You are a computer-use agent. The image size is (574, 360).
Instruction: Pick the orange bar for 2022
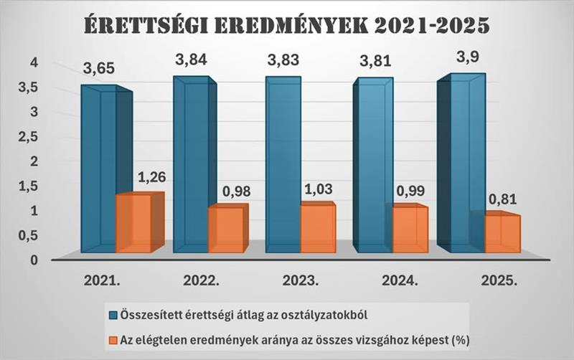[x=225, y=229]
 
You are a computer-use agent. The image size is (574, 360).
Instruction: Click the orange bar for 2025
[x=501, y=234]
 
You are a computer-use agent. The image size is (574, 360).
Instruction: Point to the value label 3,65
[x=98, y=70]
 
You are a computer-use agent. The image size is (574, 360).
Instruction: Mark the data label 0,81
[x=503, y=199]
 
